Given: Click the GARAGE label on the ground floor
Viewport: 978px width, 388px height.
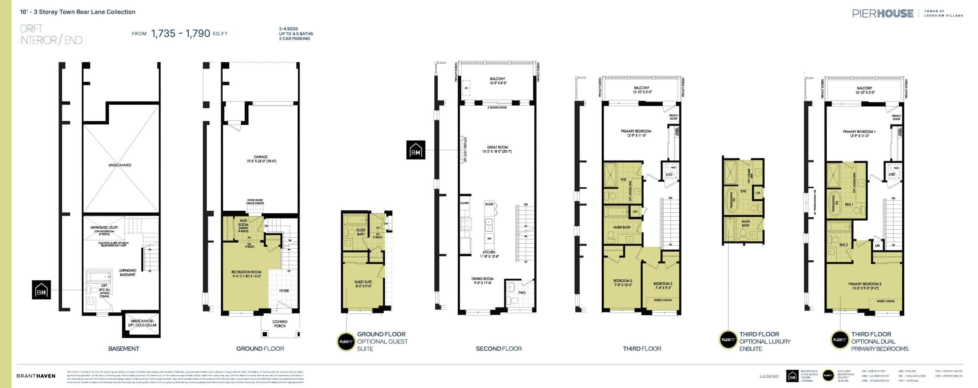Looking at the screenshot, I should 261,157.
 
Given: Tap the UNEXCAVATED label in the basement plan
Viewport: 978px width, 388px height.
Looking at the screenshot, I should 120,165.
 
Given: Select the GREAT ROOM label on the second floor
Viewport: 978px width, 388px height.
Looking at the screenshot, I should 497,147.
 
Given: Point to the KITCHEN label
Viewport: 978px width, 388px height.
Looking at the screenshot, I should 489,252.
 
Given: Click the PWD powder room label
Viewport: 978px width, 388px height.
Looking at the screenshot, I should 522,293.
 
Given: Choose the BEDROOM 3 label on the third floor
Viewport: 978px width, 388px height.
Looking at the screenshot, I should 623,281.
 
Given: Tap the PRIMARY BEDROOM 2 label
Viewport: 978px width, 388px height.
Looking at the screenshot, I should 865,284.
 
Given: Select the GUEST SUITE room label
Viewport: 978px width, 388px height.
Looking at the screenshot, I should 363,282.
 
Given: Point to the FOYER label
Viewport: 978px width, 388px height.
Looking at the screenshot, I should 284,291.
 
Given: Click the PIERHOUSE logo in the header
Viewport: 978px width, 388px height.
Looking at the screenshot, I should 882,13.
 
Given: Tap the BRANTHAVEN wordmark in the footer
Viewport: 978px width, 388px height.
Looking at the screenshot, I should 36,376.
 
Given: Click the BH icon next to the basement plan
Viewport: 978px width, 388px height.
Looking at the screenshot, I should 41,290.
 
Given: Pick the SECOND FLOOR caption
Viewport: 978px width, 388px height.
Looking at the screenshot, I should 499,349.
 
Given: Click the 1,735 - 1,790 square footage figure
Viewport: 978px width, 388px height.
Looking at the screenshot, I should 181,34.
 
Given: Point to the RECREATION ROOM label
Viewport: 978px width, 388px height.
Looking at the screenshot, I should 246,272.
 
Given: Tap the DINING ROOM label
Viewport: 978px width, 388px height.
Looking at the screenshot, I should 482,279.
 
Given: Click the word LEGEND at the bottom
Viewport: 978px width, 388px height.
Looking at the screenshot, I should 769,377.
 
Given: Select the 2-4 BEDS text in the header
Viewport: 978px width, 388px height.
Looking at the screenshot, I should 288,29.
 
